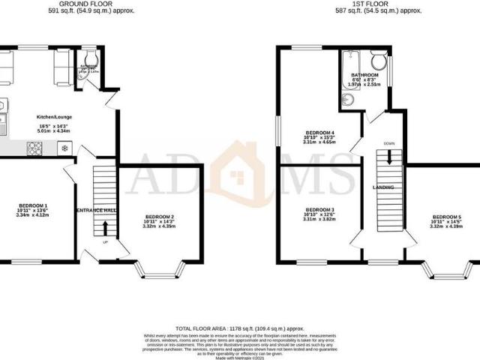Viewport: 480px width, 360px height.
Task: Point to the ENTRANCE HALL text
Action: (x=96, y=211)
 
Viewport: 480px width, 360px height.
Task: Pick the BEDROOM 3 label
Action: (x=319, y=209)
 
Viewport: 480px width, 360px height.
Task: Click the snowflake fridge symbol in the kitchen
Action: (x=65, y=148)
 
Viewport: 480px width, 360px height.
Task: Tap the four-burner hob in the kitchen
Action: (x=34, y=148)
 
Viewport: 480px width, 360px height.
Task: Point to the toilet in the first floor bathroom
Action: (x=379, y=59)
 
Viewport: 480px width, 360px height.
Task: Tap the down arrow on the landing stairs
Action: (x=389, y=157)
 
